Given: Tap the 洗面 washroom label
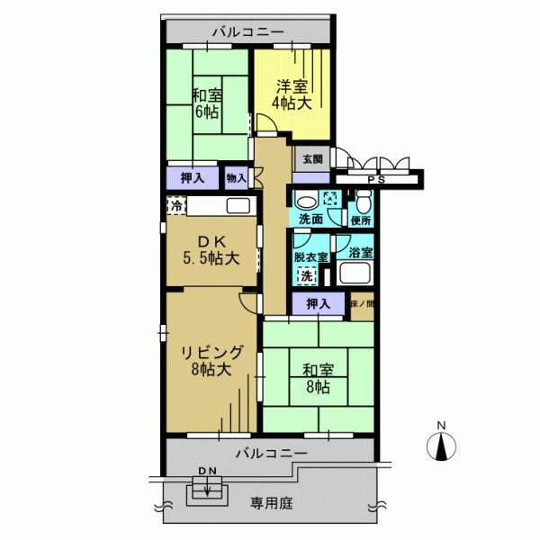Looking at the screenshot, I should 311,220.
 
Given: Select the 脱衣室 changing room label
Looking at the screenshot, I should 310,256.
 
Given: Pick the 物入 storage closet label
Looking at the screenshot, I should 236,178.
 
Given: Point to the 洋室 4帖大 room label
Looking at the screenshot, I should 291,95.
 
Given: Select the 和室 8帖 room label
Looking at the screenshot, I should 317,377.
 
